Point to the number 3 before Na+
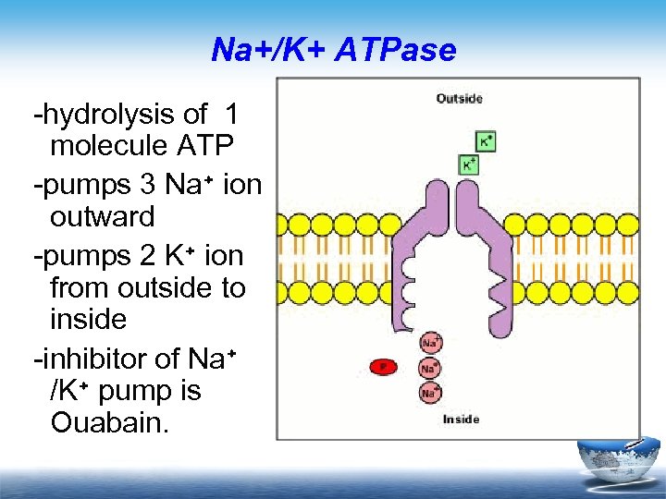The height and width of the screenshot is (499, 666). point(147,184)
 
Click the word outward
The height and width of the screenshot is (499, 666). point(102,218)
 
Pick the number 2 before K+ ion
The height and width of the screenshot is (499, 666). point(147,253)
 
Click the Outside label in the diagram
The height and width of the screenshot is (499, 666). point(459,99)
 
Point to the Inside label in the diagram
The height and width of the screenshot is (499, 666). point(461,420)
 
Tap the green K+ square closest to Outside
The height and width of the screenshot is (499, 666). point(485,141)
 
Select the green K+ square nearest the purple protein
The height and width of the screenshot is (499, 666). point(469,164)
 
